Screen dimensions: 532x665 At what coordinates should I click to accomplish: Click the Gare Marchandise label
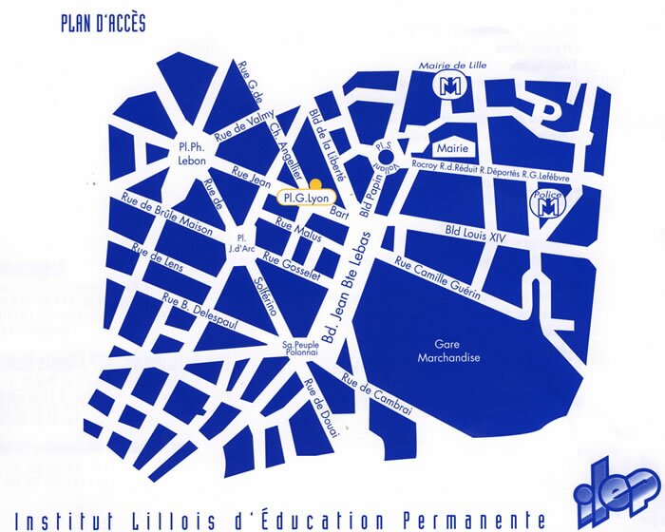click(446, 351)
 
